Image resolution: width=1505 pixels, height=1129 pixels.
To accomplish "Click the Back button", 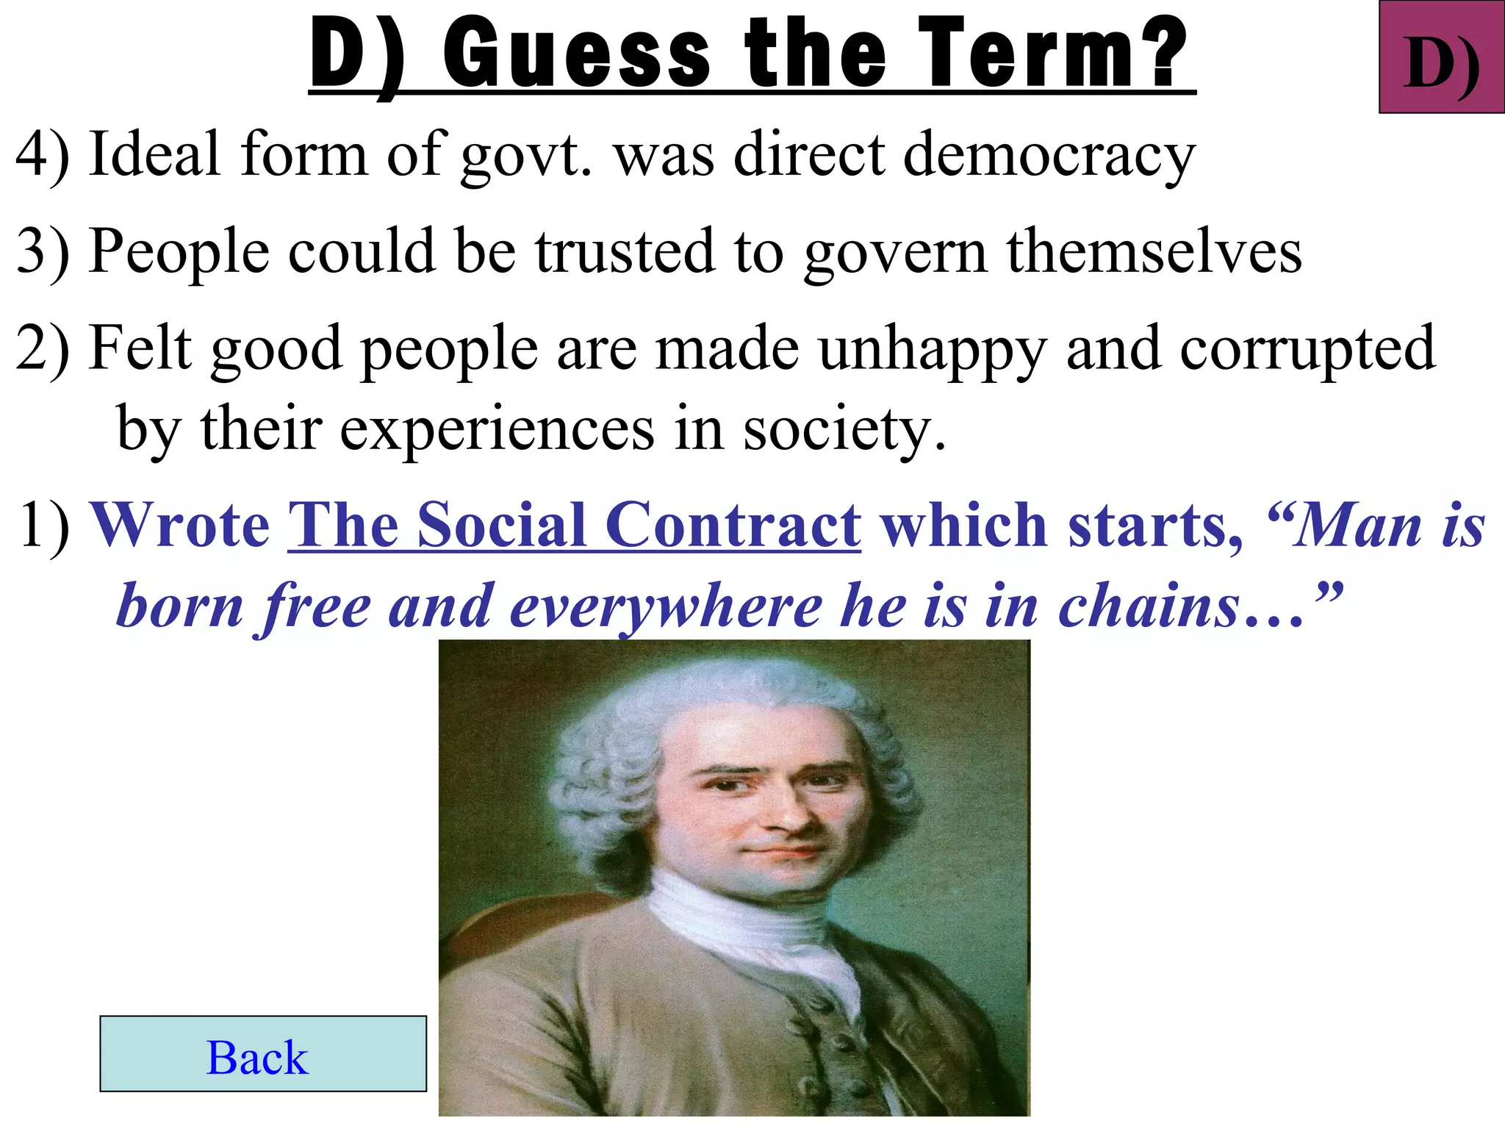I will [x=262, y=1053].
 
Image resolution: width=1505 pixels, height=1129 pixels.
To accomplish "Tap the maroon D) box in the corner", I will [x=1441, y=58].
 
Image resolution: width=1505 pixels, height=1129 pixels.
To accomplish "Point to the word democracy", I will [x=1049, y=155].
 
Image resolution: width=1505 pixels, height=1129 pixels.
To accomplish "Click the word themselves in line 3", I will [x=1154, y=252].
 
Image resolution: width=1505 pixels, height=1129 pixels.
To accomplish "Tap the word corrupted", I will [x=1307, y=348].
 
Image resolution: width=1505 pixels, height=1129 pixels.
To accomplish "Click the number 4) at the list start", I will [x=43, y=155].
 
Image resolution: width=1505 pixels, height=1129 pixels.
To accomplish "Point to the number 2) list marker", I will [x=43, y=348].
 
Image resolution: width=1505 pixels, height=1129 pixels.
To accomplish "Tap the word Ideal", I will [x=154, y=155].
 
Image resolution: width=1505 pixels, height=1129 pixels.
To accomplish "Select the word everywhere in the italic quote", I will [x=666, y=607].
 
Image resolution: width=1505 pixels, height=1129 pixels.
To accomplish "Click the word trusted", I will [x=625, y=252].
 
